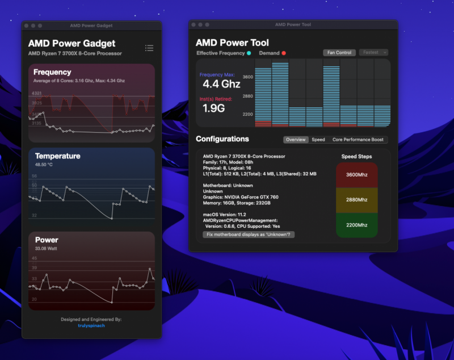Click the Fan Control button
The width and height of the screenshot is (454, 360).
339,53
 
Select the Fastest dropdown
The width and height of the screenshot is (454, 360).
373,53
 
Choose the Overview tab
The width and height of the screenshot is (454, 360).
296,140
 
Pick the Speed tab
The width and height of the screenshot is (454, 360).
318,140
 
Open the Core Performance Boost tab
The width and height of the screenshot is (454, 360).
358,140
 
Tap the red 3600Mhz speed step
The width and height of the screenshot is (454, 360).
357,174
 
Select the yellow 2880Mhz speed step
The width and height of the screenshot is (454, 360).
357,200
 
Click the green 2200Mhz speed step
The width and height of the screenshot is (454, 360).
357,225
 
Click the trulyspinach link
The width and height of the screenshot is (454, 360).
91,325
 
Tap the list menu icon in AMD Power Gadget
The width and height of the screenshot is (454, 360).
149,48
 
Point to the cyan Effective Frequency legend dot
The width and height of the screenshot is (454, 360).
249,53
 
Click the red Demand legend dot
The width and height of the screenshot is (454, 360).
284,53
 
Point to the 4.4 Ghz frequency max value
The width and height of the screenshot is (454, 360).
221,84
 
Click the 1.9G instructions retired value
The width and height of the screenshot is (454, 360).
213,108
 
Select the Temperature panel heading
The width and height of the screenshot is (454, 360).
57,156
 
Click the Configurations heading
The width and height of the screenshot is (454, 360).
222,139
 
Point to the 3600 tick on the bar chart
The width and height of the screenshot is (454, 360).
247,76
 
